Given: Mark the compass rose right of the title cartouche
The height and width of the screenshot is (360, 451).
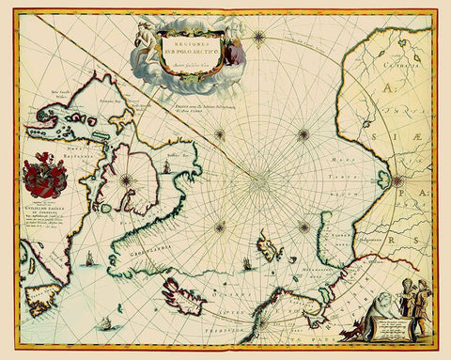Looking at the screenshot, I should [x=258, y=39].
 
